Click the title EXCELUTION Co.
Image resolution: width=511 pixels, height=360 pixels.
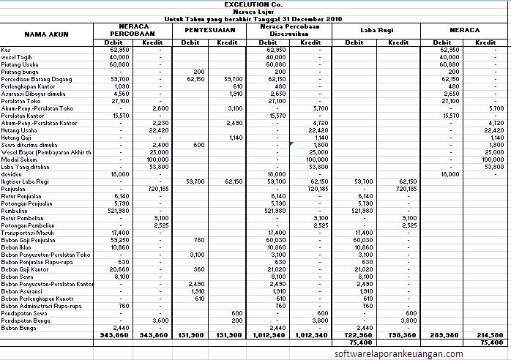[x=254, y=4]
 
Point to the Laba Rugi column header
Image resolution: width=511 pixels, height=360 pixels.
[x=378, y=31]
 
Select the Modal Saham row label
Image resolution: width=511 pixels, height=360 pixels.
[x=18, y=159]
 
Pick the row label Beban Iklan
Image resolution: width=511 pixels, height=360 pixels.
[x=16, y=247]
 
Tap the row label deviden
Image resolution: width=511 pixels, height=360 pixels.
[x=11, y=173]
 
